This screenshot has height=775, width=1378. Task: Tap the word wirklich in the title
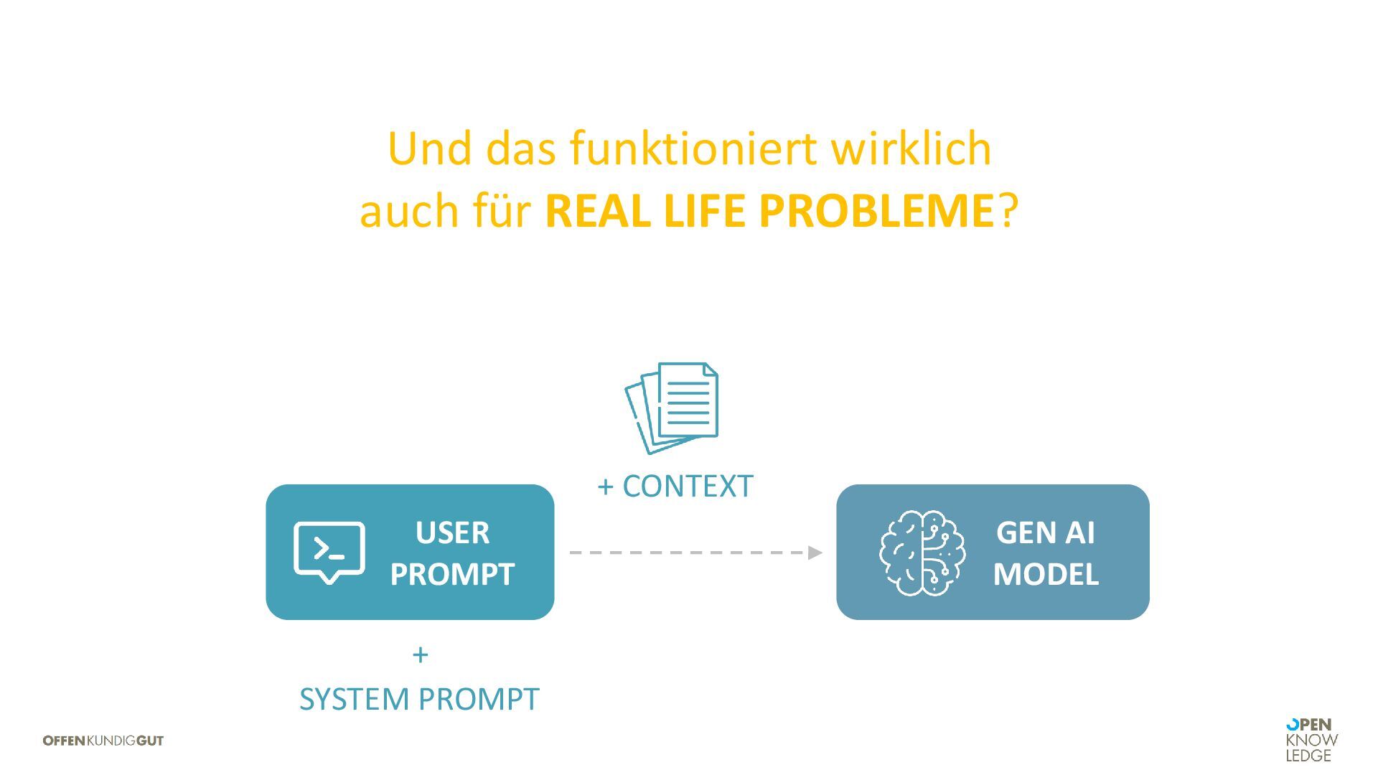pyautogui.click(x=911, y=149)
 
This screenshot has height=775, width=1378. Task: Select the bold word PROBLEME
pyautogui.click(x=876, y=211)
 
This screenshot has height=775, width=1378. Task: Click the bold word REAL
pyautogui.click(x=598, y=211)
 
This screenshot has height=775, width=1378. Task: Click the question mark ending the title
pyautogui.click(x=1008, y=211)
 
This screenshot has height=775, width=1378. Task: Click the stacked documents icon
pyautogui.click(x=672, y=408)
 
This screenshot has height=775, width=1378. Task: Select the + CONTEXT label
pyautogui.click(x=675, y=486)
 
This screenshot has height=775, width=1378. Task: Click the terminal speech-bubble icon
pyautogui.click(x=329, y=552)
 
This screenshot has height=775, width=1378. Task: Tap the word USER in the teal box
pyautogui.click(x=452, y=532)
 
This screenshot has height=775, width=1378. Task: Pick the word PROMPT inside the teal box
pyautogui.click(x=452, y=574)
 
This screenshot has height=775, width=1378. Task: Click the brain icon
pyautogui.click(x=922, y=553)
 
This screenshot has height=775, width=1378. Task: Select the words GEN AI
pyautogui.click(x=1046, y=532)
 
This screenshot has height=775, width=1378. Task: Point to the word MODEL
pyautogui.click(x=1046, y=574)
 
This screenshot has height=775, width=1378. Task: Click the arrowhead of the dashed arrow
pyautogui.click(x=815, y=553)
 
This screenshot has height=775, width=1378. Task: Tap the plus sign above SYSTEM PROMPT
pyautogui.click(x=421, y=654)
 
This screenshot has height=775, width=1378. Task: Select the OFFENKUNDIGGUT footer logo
pyautogui.click(x=103, y=741)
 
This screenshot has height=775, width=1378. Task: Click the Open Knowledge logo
pyautogui.click(x=1311, y=740)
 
